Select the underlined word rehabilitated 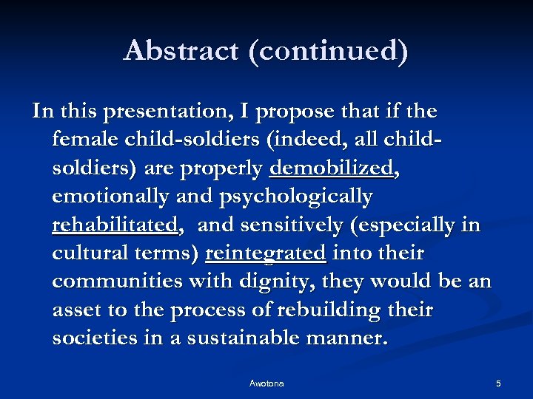[x=115, y=225]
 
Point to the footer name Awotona [x=266, y=383]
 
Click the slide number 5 [x=498, y=383]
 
